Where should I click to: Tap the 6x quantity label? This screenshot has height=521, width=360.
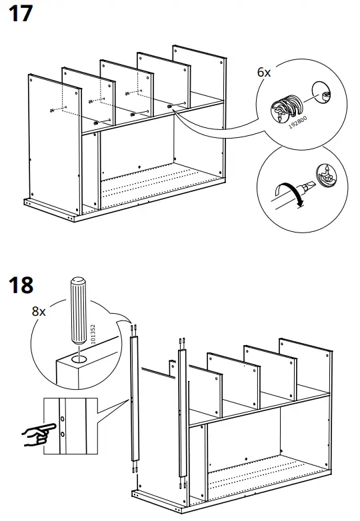264,73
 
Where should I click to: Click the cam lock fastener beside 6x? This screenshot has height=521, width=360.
286,108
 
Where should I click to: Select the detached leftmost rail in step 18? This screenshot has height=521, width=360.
134,400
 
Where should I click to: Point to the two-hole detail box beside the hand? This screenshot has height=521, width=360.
70,426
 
